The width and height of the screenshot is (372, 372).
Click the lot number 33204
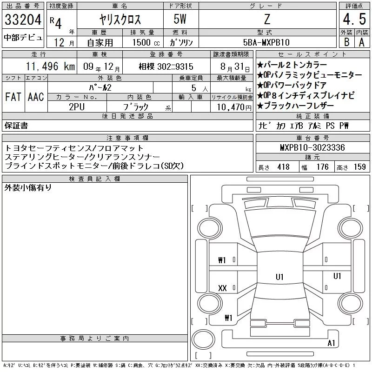point(23,20)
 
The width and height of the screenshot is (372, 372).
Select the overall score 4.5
point(354,19)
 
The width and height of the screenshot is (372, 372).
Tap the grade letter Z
point(267,19)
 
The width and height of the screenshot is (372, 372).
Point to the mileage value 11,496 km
point(50,66)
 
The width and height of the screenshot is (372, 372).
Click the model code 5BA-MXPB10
point(266,42)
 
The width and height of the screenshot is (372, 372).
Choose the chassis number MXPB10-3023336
point(312,147)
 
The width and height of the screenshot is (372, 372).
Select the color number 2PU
point(77,107)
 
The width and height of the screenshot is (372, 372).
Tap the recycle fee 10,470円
point(234,107)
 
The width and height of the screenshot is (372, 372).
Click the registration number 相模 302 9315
point(166,66)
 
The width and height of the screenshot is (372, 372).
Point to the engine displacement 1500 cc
point(146,42)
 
